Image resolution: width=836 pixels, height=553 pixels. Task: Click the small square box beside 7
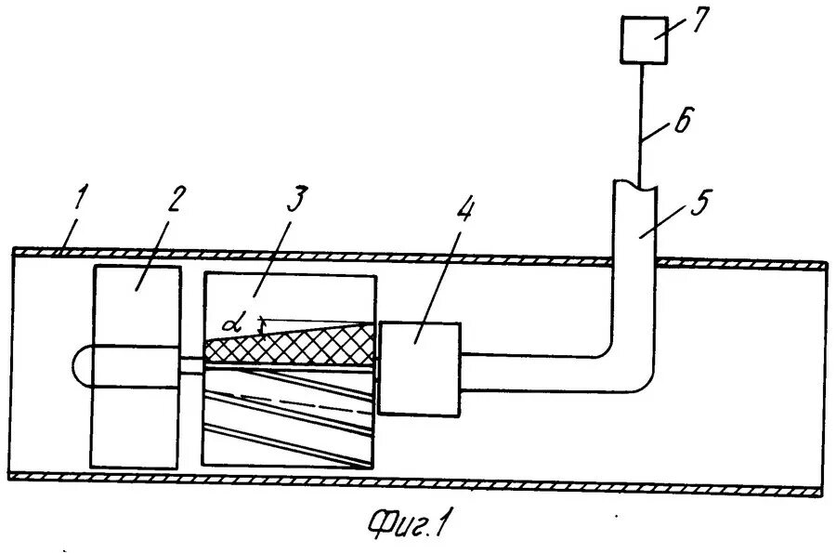tap(644, 42)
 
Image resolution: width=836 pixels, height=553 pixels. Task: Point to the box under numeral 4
tap(419, 367)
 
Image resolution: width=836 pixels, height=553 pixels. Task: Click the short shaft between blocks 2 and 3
tap(191, 363)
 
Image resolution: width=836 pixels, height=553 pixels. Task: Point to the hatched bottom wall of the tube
tap(418, 481)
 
